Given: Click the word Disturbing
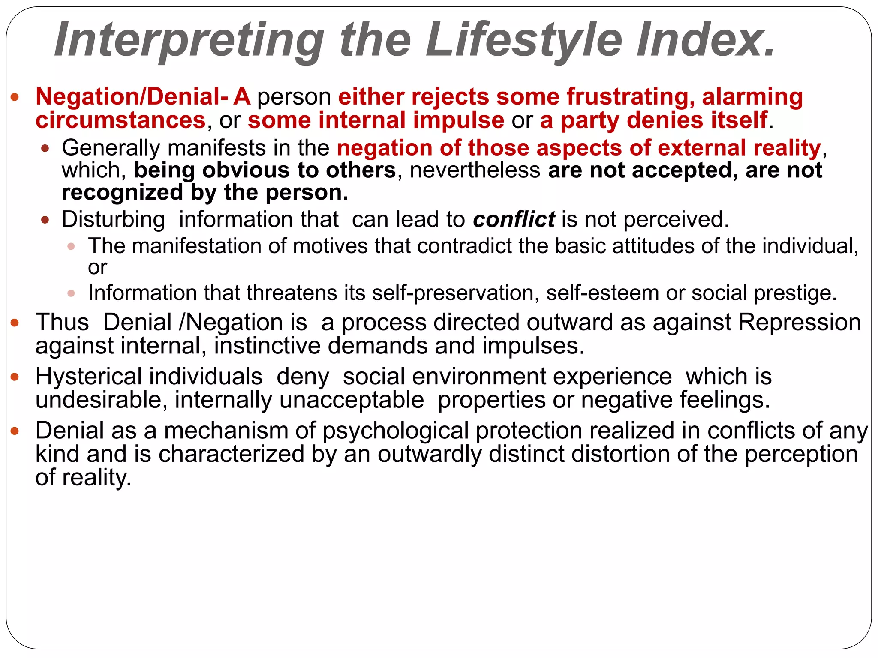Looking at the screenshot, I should [113, 219].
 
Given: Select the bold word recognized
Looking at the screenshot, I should [122, 192].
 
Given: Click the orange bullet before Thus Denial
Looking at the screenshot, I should [15, 323].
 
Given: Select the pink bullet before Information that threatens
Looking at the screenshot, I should [71, 293].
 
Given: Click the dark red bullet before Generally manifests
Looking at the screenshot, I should [45, 149].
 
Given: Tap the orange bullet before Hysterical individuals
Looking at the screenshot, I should [15, 377].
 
